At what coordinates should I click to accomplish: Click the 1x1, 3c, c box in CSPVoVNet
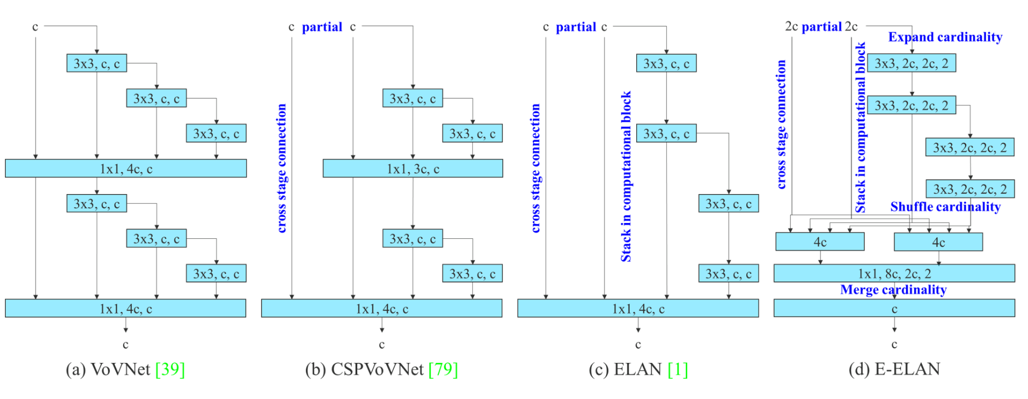(413, 169)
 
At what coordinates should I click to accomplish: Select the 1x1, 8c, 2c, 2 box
(894, 273)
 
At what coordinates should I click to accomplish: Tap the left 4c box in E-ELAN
(820, 242)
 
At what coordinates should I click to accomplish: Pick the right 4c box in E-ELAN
(938, 242)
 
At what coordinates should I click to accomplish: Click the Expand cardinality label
(945, 37)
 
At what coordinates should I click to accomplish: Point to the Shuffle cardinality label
(945, 207)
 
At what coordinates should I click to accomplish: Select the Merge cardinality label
(893, 290)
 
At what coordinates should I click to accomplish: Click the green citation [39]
(170, 369)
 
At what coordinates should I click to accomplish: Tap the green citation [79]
(443, 369)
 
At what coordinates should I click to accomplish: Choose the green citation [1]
(677, 369)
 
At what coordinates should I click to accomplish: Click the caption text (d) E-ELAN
(894, 369)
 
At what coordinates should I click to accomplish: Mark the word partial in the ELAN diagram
(576, 27)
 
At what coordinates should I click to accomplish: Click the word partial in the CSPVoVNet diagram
(322, 27)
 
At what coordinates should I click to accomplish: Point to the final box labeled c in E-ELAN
(894, 309)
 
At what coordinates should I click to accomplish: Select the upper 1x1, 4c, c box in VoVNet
(126, 169)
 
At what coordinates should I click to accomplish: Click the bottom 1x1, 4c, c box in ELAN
(638, 309)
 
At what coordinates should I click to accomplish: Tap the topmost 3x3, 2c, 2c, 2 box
(911, 63)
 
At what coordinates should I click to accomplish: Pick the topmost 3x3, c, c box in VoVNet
(97, 63)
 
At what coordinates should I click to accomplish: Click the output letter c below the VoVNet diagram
(126, 344)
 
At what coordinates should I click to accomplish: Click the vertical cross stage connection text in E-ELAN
(781, 125)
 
